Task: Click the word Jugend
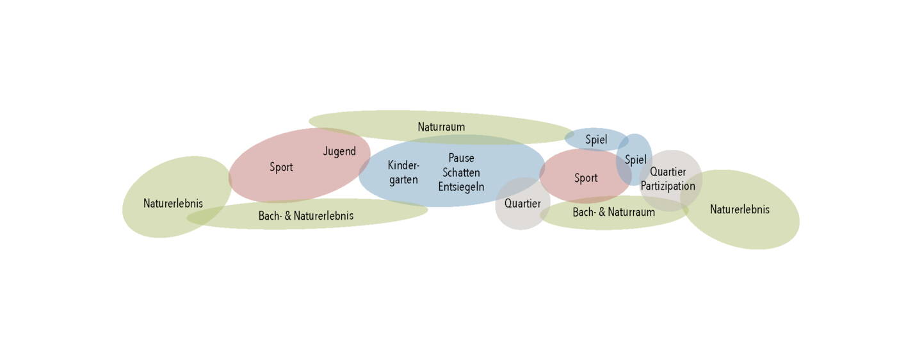[339, 152]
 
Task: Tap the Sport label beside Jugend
[281, 167]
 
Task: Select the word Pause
[461, 158]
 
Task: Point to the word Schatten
[461, 172]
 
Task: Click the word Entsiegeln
[461, 187]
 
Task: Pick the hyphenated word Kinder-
[403, 165]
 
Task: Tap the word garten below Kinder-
[403, 180]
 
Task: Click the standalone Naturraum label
[441, 127]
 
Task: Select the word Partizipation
[668, 186]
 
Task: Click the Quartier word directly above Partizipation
[668, 172]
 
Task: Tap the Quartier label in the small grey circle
[522, 204]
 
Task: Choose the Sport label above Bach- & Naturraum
[586, 178]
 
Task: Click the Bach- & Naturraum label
[613, 212]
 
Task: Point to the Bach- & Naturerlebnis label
[306, 216]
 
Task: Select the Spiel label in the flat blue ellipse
[596, 139]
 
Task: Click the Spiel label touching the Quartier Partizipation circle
[636, 160]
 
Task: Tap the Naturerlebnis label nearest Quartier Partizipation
[740, 209]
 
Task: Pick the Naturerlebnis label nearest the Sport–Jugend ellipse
[173, 204]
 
